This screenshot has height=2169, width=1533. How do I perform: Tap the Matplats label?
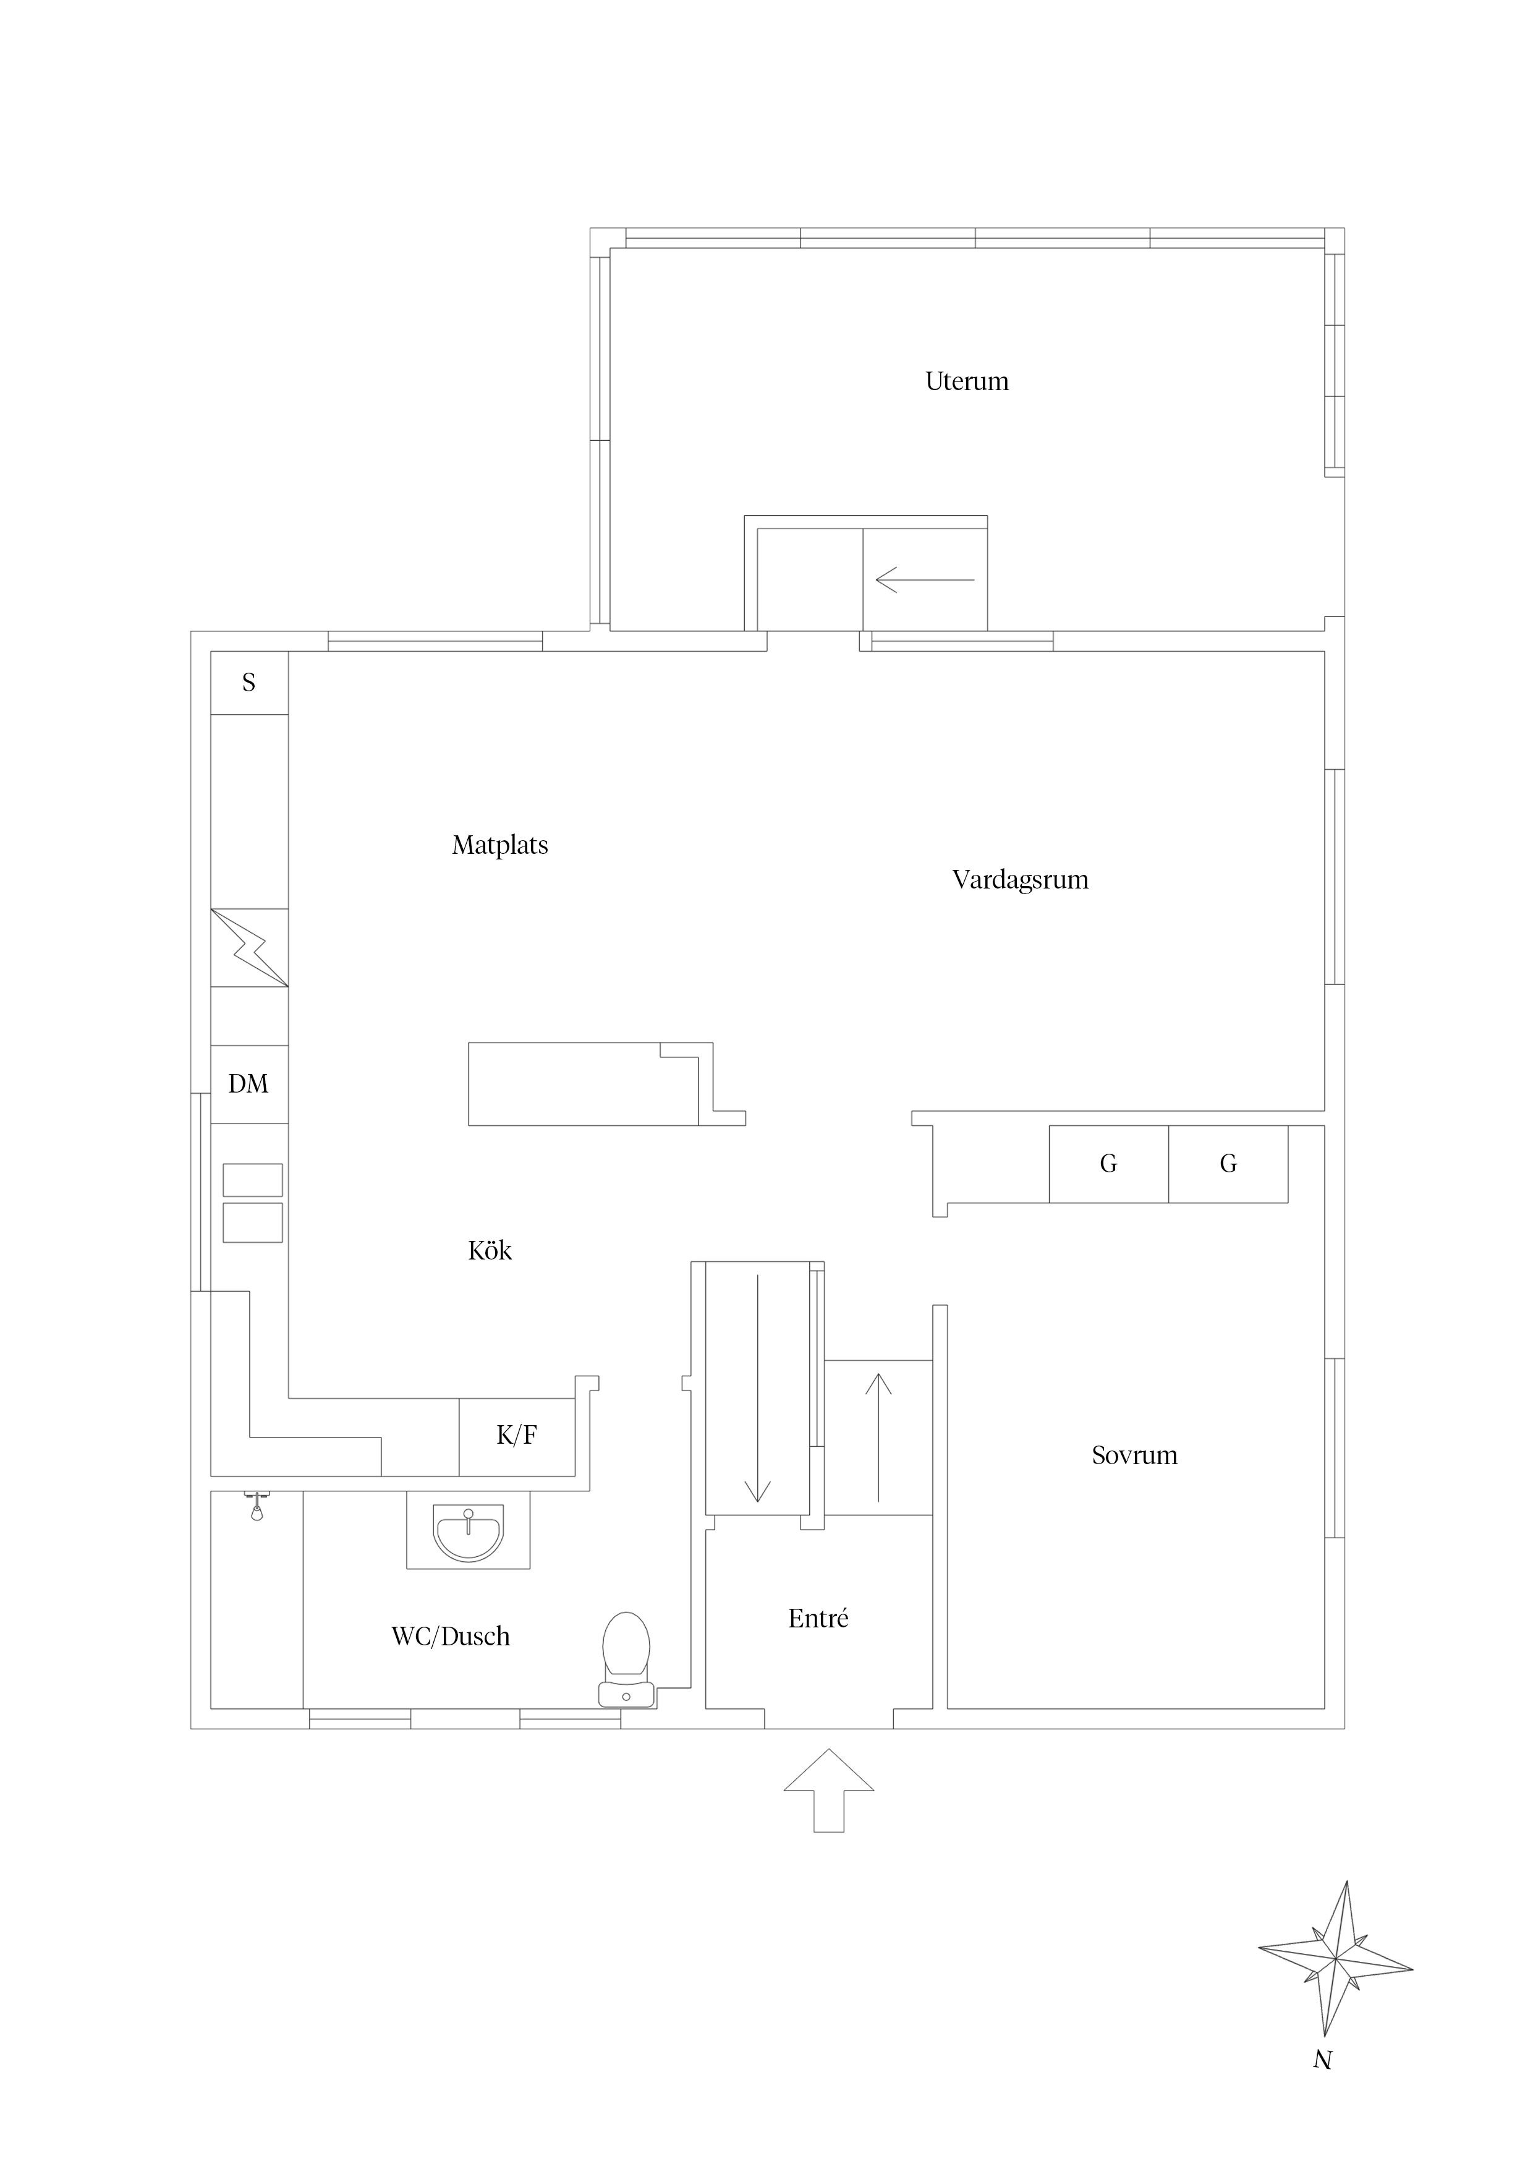(x=499, y=845)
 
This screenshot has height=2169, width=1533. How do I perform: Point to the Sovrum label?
(x=1134, y=1455)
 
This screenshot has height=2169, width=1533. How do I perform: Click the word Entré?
(x=818, y=1618)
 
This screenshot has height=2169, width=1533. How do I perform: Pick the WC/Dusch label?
(x=451, y=1636)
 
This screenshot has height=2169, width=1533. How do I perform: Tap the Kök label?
(x=490, y=1251)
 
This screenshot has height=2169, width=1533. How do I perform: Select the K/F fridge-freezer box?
(x=517, y=1436)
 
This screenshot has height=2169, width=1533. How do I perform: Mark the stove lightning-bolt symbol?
(x=249, y=947)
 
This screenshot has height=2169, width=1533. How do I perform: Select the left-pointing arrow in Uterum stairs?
(x=925, y=579)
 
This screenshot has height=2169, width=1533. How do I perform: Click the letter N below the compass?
(x=1322, y=2060)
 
